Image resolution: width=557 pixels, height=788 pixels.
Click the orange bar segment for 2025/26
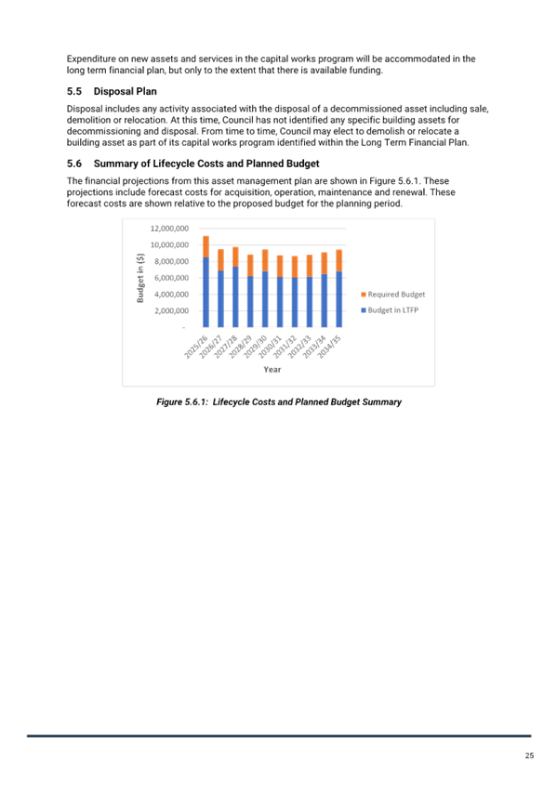coord(206,247)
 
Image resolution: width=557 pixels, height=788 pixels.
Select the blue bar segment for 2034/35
coord(338,299)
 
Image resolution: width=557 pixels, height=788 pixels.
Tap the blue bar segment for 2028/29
coord(250,302)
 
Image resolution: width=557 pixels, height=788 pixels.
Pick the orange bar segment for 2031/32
coord(295,267)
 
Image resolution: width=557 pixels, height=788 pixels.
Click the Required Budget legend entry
coord(393,295)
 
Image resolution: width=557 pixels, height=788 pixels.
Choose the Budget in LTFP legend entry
coord(390,310)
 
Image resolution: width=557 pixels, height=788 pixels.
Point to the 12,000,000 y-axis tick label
coord(169,229)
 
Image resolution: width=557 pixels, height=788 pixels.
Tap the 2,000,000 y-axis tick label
coord(171,310)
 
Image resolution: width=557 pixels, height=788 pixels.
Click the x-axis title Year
coord(272,370)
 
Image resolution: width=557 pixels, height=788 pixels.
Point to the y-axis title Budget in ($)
coord(140,278)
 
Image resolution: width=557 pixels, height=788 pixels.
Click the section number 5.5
coord(74,91)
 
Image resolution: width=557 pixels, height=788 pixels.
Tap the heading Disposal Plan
coord(126,91)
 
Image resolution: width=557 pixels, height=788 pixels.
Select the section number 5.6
coord(74,164)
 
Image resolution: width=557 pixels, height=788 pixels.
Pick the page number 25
coord(529,755)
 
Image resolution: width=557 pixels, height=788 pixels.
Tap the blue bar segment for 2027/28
coord(235,297)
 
